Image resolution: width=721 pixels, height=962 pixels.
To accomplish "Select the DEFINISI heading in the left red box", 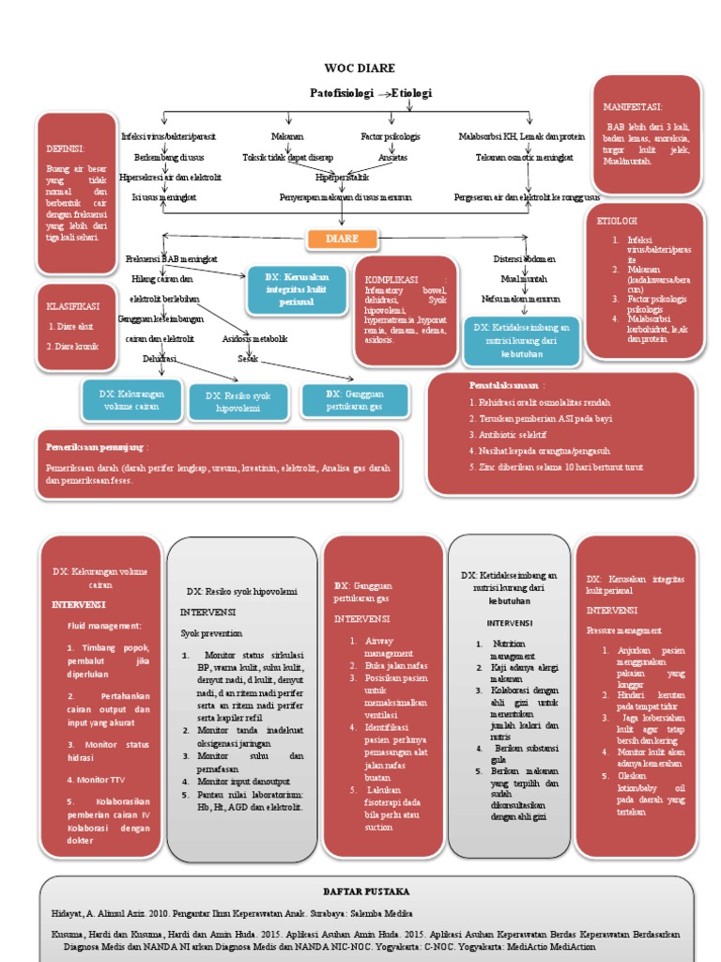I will pyautogui.click(x=65, y=148).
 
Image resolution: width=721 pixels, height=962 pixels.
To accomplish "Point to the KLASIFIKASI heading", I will pyautogui.click(x=72, y=307).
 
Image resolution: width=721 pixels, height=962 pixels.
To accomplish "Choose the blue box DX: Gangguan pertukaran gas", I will pyautogui.click(x=355, y=399).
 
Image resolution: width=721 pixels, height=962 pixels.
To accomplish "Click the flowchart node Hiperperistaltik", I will pyautogui.click(x=342, y=177).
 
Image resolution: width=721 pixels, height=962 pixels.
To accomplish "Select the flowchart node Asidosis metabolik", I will pyautogui.click(x=254, y=339).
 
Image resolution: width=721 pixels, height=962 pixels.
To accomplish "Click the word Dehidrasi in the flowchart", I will pyautogui.click(x=159, y=358).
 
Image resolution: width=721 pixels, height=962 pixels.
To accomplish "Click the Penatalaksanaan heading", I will pyautogui.click(x=504, y=385).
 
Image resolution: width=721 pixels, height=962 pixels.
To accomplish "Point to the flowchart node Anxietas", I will pyautogui.click(x=386, y=157).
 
